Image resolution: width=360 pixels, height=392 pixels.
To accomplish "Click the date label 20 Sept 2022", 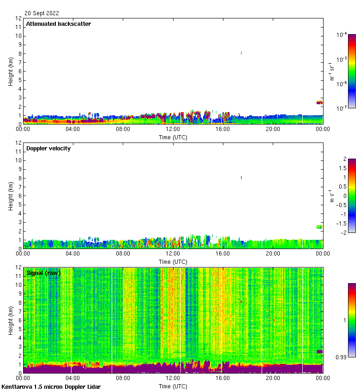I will pyautogui.click(x=42, y=13).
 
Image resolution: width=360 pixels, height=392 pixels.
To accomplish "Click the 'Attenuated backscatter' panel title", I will pyautogui.click(x=58, y=24).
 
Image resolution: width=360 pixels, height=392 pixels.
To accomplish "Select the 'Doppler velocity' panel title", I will pyautogui.click(x=48, y=148).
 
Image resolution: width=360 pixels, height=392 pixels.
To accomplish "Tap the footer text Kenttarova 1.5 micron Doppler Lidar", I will pyautogui.click(x=51, y=387).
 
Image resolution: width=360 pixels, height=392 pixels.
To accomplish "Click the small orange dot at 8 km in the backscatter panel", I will pyautogui.click(x=241, y=53).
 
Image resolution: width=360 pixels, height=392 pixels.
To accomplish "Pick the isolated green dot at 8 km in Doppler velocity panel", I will pyautogui.click(x=241, y=178).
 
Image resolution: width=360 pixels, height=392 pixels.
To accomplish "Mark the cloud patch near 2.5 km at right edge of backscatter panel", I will pyautogui.click(x=319, y=102).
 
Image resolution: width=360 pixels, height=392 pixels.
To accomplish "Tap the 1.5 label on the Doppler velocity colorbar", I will pyautogui.click(x=342, y=168).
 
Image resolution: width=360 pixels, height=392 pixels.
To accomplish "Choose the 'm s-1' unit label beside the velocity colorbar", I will pyautogui.click(x=331, y=196).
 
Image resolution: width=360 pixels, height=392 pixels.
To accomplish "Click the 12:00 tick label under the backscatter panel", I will pyautogui.click(x=173, y=129).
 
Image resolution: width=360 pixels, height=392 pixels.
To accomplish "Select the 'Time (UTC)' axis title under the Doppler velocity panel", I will pyautogui.click(x=173, y=261).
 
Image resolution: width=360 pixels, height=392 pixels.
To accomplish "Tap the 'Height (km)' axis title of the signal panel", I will pyautogui.click(x=11, y=320).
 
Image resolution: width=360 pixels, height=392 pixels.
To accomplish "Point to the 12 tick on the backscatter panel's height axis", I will pyautogui.click(x=19, y=18).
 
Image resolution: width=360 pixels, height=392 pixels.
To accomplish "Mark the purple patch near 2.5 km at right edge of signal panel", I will pyautogui.click(x=319, y=351).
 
